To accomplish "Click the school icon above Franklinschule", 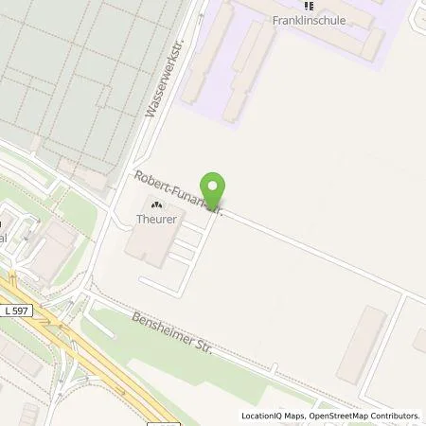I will point(307,5).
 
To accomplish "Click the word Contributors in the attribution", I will point(393,416).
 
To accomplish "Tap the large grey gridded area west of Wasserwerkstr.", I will point(66,76).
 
